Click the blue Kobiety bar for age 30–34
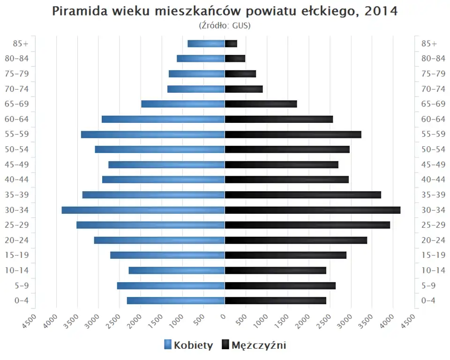(143, 210)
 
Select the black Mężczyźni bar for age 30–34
(313, 210)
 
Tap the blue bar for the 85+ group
(206, 44)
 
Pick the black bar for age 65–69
(261, 104)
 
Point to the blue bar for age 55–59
(153, 135)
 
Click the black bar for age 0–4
(275, 300)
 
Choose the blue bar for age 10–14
(177, 270)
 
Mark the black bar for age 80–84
(235, 59)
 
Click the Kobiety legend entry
(188, 345)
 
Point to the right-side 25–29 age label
(433, 225)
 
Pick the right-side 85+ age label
(429, 44)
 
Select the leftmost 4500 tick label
(30, 322)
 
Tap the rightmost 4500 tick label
(408, 322)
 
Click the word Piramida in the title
(78, 11)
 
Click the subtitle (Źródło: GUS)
(225, 25)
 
